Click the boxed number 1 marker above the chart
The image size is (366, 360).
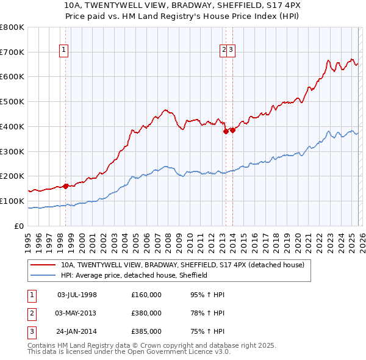[64, 51]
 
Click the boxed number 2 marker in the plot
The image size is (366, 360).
[224, 51]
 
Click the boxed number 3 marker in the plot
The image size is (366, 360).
[232, 51]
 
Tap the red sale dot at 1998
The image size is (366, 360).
[65, 186]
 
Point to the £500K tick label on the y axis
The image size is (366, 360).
[12, 102]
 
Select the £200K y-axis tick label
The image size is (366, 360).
[12, 176]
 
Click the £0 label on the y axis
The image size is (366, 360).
[18, 226]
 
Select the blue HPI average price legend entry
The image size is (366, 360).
[134, 275]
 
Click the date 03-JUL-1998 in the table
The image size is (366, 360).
[77, 295]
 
